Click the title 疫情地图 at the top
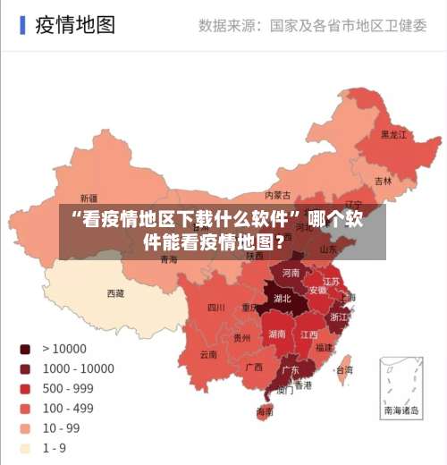[x=75, y=24]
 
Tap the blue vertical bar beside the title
[x=22, y=24]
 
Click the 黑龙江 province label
[x=393, y=135]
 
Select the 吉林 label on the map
[x=383, y=181]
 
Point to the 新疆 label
[x=89, y=199]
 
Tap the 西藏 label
[x=115, y=293]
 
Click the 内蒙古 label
[x=278, y=195]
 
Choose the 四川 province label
[x=216, y=308]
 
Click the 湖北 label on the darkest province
[x=282, y=299]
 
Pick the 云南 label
[x=208, y=354]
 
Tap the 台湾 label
[x=343, y=369]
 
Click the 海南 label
[x=265, y=412]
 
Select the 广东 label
[x=291, y=369]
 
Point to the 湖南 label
[x=277, y=334]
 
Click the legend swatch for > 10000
[x=25, y=349]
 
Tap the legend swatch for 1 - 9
[x=25, y=447]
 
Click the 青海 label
[x=169, y=260]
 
